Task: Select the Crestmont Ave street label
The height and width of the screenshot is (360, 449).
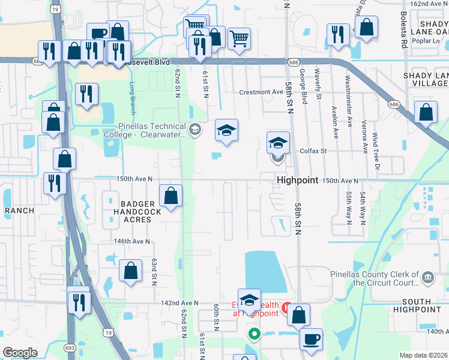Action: [x=261, y=92]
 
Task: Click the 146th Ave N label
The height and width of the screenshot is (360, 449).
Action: [x=131, y=241]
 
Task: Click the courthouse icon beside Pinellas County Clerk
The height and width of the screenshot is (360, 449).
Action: [x=427, y=277]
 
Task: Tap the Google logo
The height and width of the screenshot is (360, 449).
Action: [x=19, y=353]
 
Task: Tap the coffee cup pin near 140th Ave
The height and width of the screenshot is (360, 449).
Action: [x=311, y=339]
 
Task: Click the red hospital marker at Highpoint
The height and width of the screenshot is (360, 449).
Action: [x=287, y=307]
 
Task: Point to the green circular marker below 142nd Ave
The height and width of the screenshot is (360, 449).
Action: [x=254, y=334]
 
